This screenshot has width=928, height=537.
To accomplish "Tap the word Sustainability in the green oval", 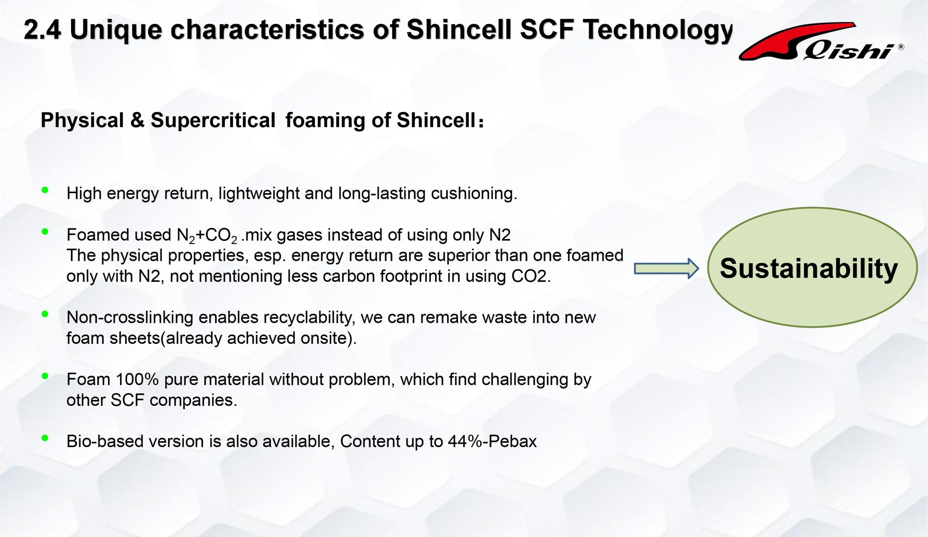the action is pos(809,269).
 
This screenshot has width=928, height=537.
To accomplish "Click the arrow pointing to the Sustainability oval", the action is pos(666,268).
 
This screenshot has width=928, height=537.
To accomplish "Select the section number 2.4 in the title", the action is pos(42,30).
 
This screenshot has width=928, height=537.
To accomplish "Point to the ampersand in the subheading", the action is pos(137,120).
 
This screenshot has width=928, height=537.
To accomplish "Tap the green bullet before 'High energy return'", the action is pos(45,190).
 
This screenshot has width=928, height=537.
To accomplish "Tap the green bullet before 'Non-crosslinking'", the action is pos(45,314).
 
